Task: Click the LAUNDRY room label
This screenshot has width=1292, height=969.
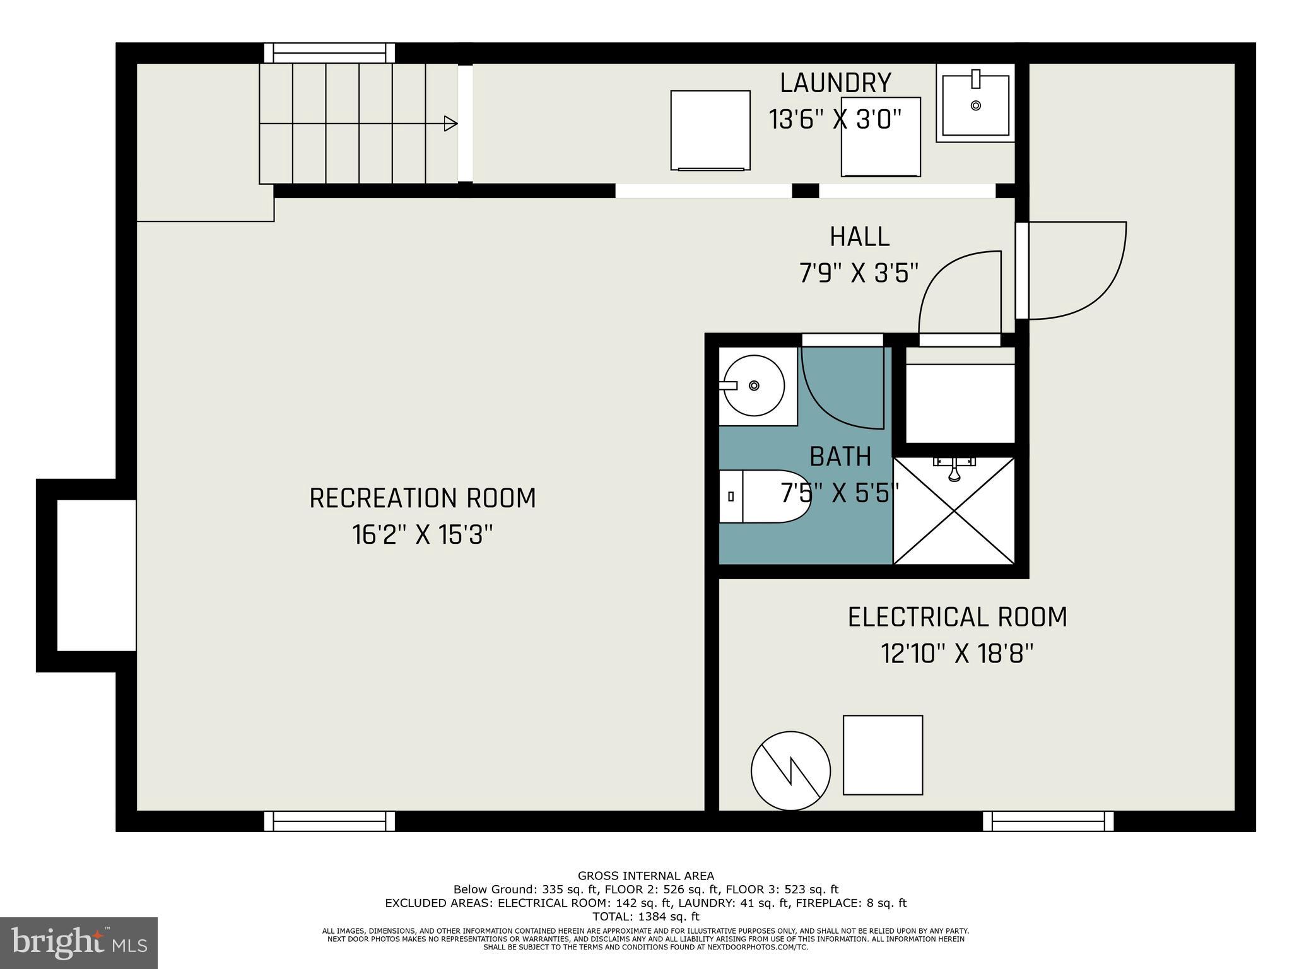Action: [x=835, y=83]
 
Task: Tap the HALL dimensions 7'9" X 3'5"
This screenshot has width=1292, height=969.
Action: [x=859, y=274]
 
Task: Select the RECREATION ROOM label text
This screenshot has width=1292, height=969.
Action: [x=422, y=498]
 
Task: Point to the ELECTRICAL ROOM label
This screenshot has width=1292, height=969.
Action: [x=957, y=617]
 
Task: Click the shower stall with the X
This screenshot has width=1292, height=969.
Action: [x=954, y=511]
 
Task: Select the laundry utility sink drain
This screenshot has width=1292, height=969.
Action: [x=976, y=105]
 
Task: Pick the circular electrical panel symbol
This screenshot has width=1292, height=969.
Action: [x=790, y=771]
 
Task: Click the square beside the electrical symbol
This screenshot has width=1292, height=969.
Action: [x=883, y=755]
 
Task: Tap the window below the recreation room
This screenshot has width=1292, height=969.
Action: [x=329, y=821]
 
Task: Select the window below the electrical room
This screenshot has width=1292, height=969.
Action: [x=1048, y=821]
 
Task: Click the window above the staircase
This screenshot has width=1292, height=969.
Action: [x=329, y=52]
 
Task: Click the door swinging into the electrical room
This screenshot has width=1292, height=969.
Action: [x=1072, y=271]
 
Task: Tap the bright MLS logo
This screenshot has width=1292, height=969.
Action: [x=79, y=943]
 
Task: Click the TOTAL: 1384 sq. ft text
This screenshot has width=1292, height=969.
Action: [x=645, y=917]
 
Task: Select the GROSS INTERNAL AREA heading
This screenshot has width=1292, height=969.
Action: [x=645, y=876]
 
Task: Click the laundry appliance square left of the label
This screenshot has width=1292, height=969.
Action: [x=710, y=130]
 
